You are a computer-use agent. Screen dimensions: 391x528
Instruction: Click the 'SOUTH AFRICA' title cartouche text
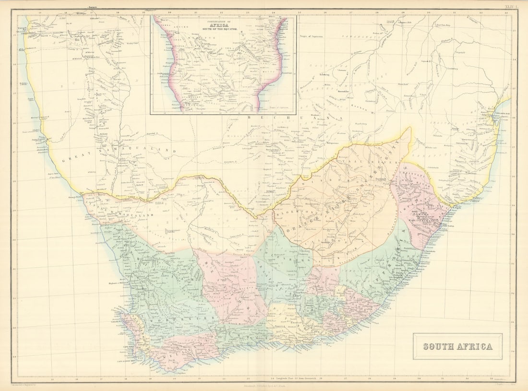pos(457,346)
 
